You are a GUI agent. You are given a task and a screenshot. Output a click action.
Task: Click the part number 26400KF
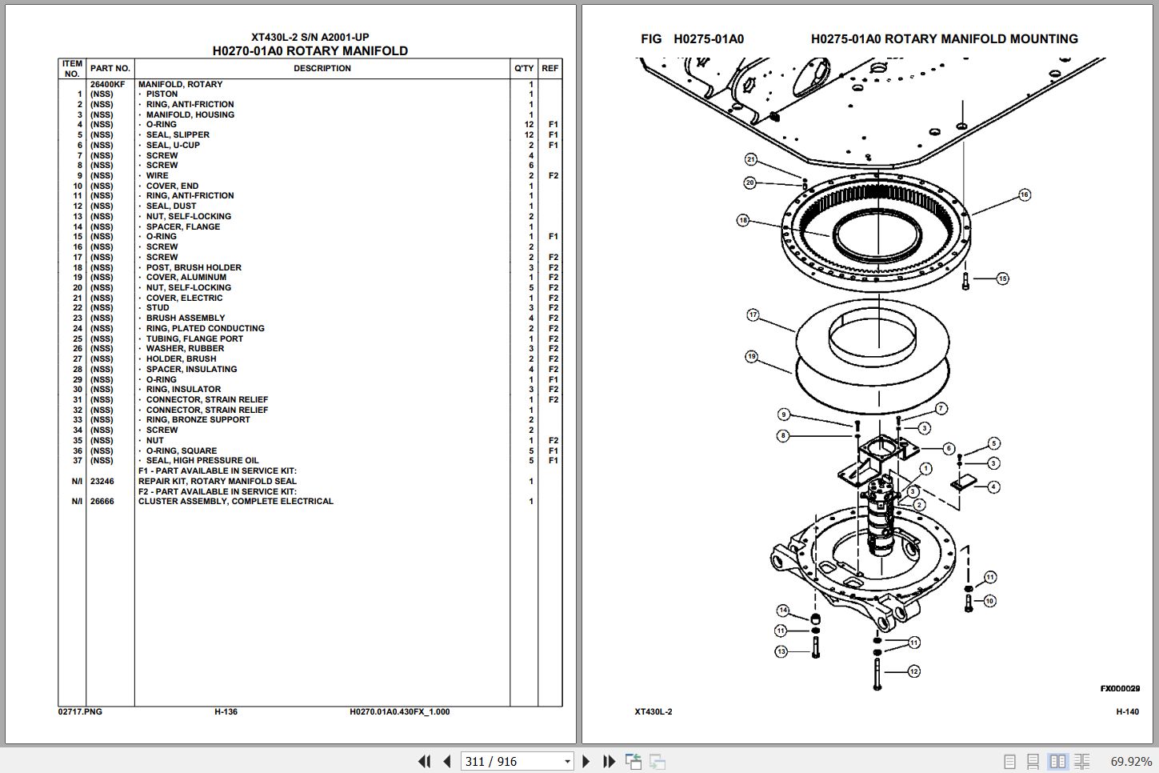[x=107, y=84]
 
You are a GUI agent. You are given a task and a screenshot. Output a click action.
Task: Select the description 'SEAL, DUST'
[x=170, y=206]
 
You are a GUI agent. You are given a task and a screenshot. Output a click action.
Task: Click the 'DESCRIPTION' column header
[x=322, y=68]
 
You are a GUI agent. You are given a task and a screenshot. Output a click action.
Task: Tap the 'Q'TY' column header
[x=523, y=68]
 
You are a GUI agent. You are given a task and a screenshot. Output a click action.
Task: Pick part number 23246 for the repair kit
[x=102, y=481]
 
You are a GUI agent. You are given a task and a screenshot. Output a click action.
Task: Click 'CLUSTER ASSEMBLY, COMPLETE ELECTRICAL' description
[x=235, y=501]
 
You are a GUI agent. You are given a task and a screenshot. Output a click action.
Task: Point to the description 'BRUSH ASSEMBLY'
[x=185, y=318]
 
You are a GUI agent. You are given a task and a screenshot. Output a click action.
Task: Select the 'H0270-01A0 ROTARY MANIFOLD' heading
[x=310, y=51]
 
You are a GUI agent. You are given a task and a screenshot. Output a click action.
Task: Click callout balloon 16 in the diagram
[x=1025, y=194]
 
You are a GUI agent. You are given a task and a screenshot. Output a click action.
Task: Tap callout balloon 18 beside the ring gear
[x=743, y=220]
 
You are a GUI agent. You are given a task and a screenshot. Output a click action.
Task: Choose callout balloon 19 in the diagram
[x=751, y=356]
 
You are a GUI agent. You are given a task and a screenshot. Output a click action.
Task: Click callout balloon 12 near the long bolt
[x=913, y=671]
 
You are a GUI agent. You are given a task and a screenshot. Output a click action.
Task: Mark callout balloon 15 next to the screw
[x=1002, y=278]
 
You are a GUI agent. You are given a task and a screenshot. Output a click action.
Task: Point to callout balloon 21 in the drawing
[x=750, y=159]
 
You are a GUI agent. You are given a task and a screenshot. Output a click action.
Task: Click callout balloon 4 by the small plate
[x=993, y=487]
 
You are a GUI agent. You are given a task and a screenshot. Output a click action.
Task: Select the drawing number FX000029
[x=1119, y=688]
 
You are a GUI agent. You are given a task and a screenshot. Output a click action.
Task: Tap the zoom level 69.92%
[x=1131, y=761]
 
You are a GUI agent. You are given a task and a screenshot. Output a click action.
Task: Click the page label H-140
[x=1127, y=711]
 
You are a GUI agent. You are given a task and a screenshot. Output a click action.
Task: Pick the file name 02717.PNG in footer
[x=80, y=711]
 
